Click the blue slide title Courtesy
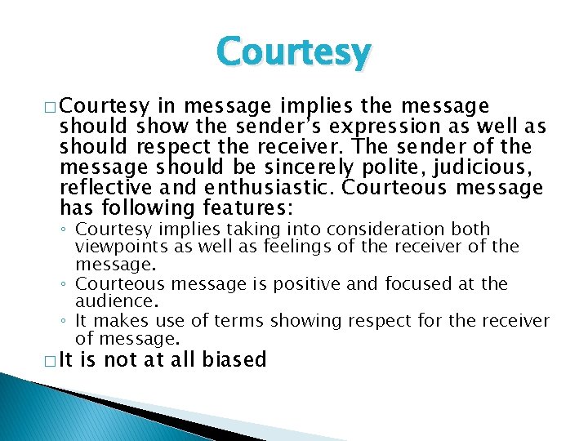[293, 53]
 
